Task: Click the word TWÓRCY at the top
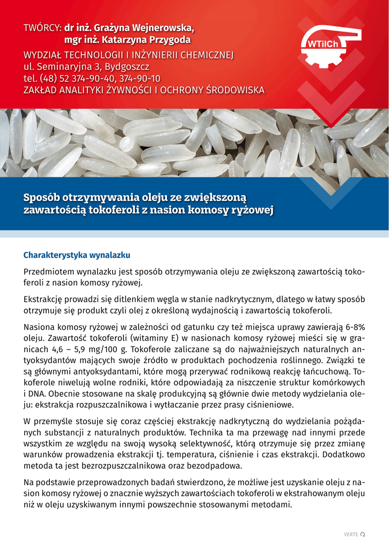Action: point(42,27)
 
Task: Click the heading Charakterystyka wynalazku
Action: point(77,255)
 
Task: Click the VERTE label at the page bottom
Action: point(351,535)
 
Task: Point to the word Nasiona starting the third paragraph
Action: point(40,327)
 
